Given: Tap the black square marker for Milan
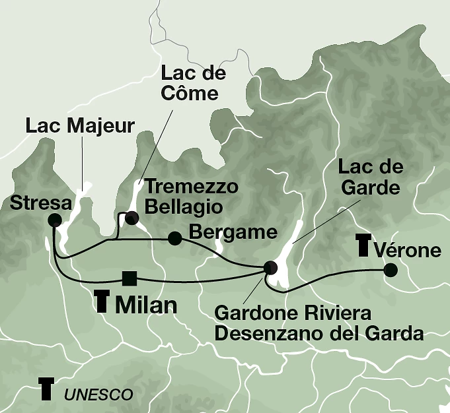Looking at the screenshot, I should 130,278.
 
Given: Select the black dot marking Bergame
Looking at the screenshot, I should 174,238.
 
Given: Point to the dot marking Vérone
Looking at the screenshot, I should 391,269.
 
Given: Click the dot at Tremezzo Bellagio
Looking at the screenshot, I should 132,217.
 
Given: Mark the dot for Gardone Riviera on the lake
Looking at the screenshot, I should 270,267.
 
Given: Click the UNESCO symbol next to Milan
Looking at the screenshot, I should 101,300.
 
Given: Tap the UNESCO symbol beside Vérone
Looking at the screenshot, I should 363,245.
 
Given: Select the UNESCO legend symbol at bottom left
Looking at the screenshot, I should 46,389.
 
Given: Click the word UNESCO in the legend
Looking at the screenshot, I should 98,395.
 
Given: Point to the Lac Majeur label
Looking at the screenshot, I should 80,125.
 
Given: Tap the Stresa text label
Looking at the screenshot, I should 41,203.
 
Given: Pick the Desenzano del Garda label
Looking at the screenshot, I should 319,333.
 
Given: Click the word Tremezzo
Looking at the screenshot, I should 191,187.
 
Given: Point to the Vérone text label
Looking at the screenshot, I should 408,251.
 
